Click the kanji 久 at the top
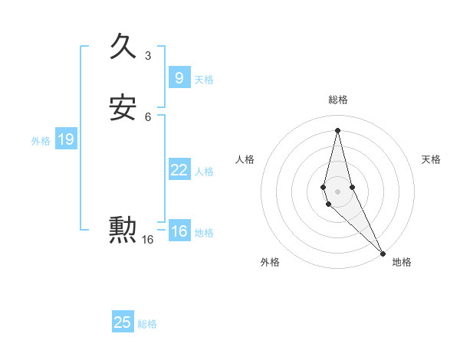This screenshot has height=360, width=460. pyautogui.click(x=123, y=47)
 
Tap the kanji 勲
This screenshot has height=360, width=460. pyautogui.click(x=123, y=229)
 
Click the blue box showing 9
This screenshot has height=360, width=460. pyautogui.click(x=179, y=77)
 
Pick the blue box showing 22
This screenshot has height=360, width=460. pyautogui.click(x=179, y=170)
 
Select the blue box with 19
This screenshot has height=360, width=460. pyautogui.click(x=65, y=139)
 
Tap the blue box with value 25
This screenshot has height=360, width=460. pyautogui.click(x=123, y=322)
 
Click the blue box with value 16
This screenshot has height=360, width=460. pyautogui.click(x=179, y=231)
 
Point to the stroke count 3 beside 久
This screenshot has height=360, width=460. pyautogui.click(x=148, y=55)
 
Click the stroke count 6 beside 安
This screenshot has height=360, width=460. pyautogui.click(x=148, y=117)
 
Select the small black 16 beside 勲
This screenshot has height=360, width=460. pyautogui.click(x=147, y=240)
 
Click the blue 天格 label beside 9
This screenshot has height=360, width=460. pyautogui.click(x=204, y=80)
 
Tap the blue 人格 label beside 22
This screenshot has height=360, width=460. pyautogui.click(x=204, y=172)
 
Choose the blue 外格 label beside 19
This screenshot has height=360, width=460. pyautogui.click(x=41, y=141)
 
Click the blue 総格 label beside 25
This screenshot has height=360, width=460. pyautogui.click(x=147, y=324)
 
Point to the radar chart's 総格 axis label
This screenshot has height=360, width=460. pyautogui.click(x=338, y=100)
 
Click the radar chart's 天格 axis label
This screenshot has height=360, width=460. pyautogui.click(x=432, y=159)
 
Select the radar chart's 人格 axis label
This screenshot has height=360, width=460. pyautogui.click(x=245, y=159)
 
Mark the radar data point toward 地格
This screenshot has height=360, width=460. pyautogui.click(x=383, y=252)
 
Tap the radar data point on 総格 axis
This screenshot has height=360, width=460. pyautogui.click(x=338, y=129)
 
